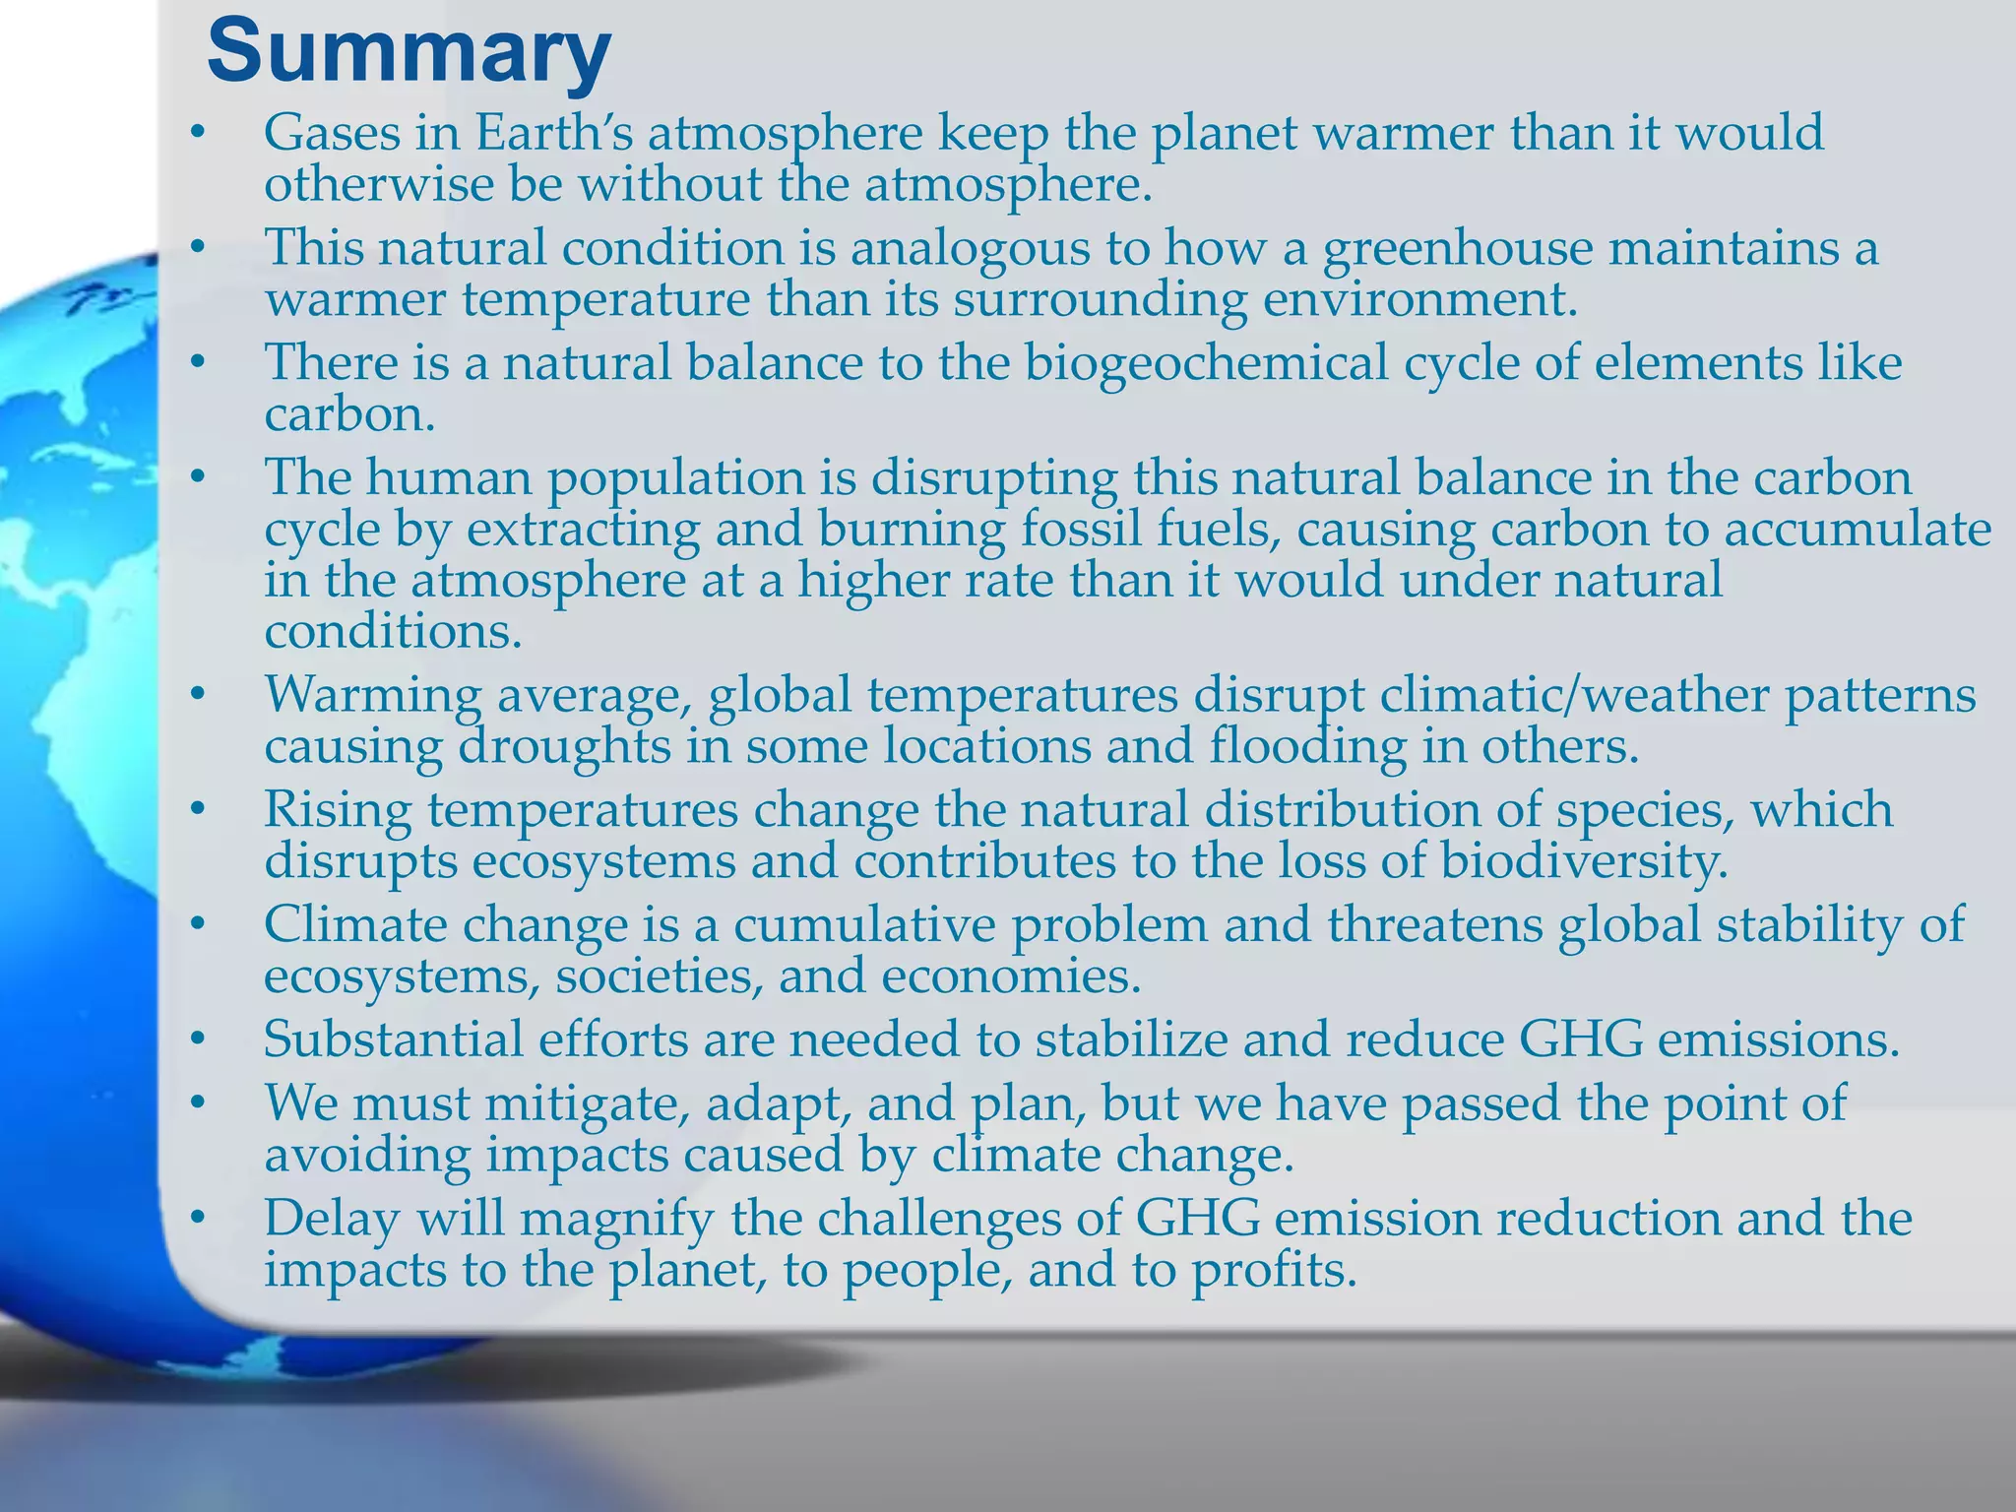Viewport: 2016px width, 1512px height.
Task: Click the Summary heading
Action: tap(409, 53)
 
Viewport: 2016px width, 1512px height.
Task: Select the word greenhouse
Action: tap(1457, 248)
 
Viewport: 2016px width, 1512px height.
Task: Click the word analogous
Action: tap(970, 248)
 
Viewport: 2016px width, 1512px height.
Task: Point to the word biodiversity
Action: tap(1584, 862)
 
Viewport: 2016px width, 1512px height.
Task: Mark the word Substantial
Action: tap(393, 1039)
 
